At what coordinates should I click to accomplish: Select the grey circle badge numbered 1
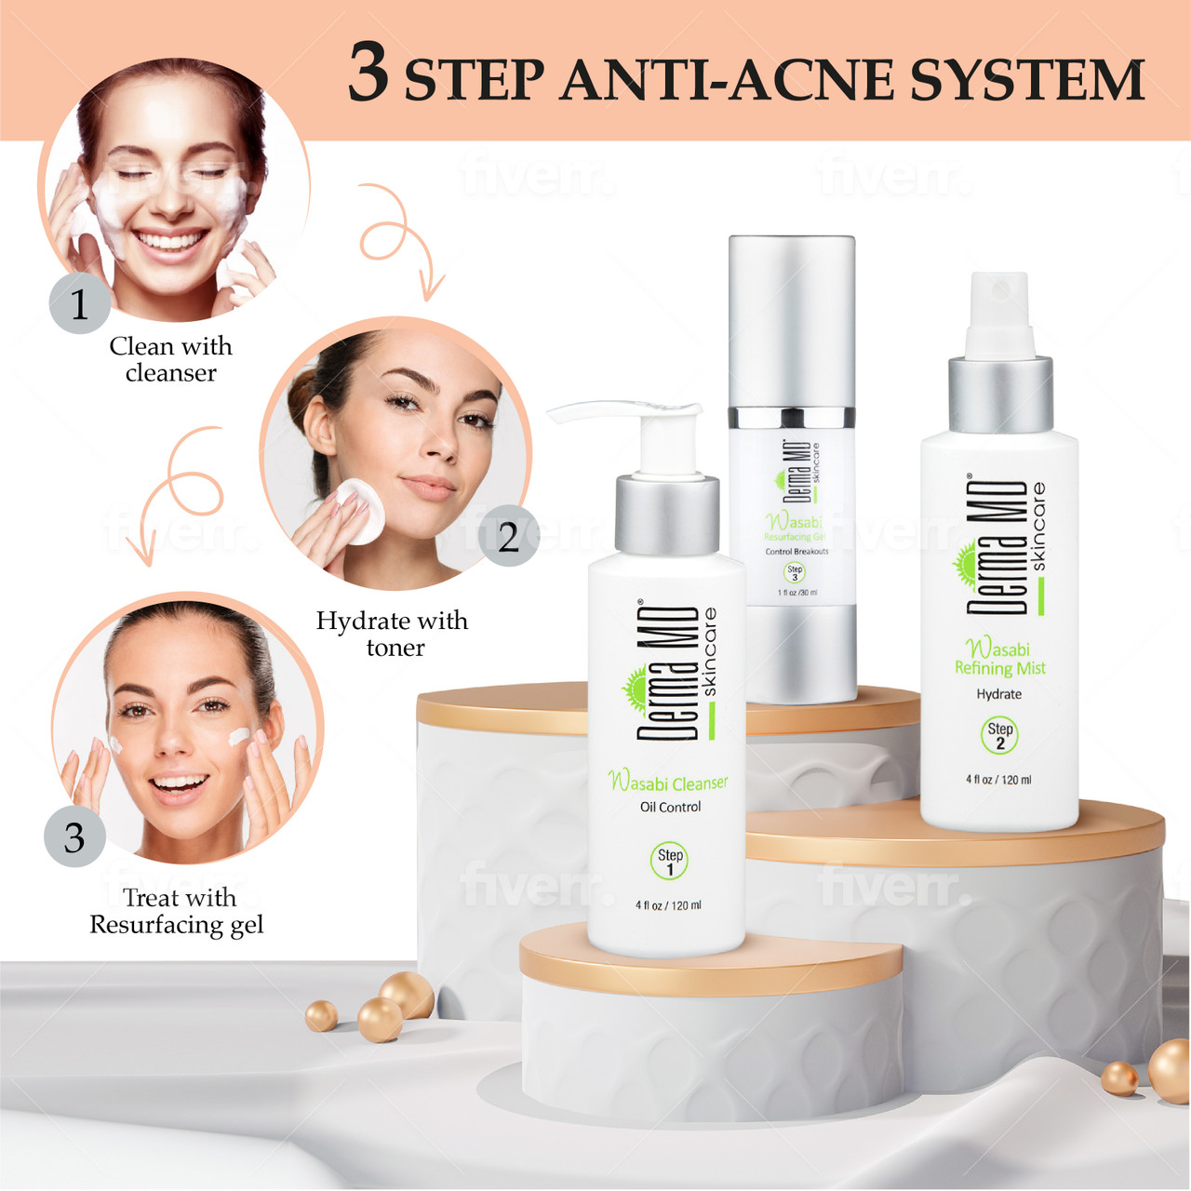(x=79, y=304)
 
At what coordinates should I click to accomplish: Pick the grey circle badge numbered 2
(x=508, y=537)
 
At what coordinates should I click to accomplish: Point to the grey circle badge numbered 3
(x=74, y=837)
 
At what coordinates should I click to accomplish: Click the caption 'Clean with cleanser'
(x=170, y=359)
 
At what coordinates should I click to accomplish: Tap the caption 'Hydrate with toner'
(x=392, y=634)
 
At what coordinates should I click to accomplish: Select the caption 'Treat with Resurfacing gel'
(x=177, y=911)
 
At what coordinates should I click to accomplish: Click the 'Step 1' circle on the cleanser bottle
(x=669, y=861)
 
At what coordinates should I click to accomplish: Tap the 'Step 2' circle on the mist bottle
(x=999, y=735)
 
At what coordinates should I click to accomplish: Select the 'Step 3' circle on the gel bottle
(x=794, y=573)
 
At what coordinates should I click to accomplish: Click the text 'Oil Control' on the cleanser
(x=670, y=807)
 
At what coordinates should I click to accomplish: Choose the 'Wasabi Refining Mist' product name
(x=999, y=658)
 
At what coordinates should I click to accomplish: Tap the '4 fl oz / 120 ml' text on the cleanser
(x=668, y=905)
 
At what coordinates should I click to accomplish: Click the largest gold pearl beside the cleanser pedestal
(x=407, y=994)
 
